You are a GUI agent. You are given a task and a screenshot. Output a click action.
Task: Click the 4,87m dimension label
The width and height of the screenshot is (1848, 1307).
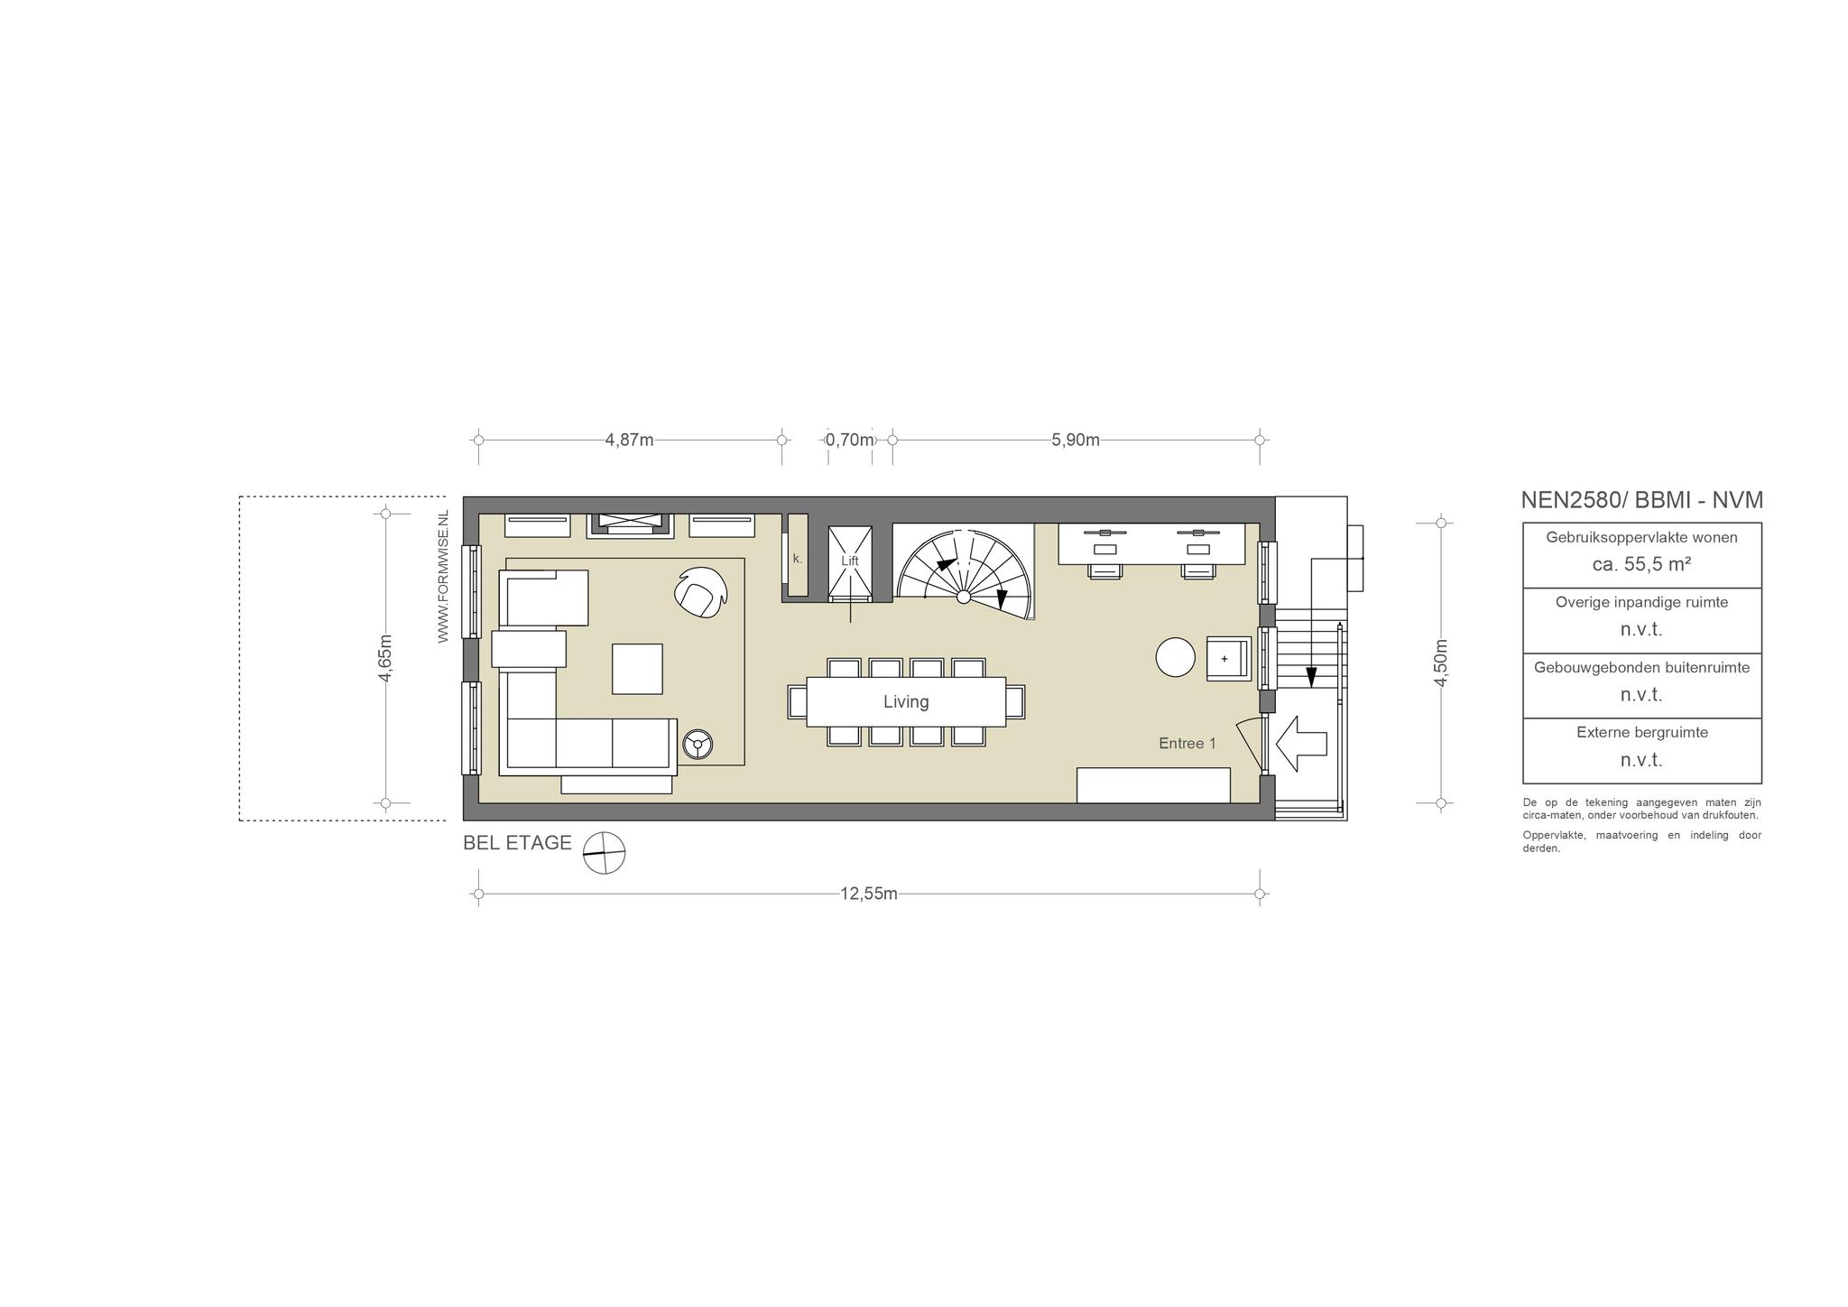click(x=629, y=440)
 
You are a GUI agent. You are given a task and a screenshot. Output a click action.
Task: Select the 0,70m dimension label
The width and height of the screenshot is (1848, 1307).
click(x=850, y=440)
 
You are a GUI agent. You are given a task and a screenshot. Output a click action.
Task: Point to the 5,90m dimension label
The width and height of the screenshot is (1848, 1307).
click(x=1076, y=440)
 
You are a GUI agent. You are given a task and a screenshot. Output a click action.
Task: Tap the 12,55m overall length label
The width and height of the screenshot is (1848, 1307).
click(x=869, y=894)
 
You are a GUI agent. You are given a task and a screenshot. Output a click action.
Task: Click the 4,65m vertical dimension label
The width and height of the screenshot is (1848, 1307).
click(x=385, y=658)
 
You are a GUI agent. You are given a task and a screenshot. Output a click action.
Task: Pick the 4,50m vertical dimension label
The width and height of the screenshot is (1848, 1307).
click(x=1441, y=663)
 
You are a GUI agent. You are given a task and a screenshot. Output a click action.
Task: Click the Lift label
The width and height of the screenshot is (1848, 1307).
click(x=850, y=561)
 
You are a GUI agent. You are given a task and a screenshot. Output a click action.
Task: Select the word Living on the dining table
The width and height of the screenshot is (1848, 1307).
click(x=906, y=701)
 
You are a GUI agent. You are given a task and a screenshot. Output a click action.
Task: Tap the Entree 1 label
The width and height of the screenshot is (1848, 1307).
click(x=1187, y=743)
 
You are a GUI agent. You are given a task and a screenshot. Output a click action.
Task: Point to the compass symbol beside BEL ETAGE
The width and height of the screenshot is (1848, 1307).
click(x=604, y=852)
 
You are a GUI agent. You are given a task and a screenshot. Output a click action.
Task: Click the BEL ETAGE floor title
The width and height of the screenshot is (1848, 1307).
click(x=517, y=843)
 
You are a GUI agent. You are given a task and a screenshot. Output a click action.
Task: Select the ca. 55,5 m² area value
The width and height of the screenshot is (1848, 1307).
click(x=1641, y=564)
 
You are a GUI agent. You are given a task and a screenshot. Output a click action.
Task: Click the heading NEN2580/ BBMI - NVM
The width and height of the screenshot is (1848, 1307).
click(x=1642, y=500)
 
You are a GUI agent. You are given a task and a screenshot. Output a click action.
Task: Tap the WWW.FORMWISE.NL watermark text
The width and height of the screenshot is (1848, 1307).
click(x=443, y=576)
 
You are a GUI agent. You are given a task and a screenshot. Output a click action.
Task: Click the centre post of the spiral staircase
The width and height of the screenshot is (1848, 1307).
click(x=964, y=597)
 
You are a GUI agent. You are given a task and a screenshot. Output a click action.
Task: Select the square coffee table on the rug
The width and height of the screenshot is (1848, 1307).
click(x=637, y=669)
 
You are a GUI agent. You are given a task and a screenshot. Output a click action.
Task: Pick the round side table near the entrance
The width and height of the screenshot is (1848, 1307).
click(x=1176, y=657)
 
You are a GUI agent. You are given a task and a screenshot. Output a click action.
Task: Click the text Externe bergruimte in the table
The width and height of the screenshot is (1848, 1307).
click(x=1642, y=732)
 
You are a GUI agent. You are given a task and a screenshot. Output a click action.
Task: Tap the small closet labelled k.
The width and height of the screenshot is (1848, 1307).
click(x=798, y=555)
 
